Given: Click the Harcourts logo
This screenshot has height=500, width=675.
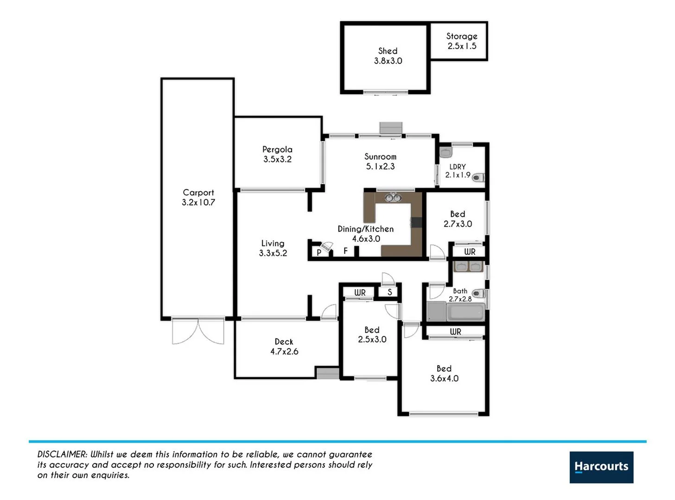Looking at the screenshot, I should pyautogui.click(x=601, y=467).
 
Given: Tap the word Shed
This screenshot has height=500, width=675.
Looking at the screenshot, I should pyautogui.click(x=388, y=51).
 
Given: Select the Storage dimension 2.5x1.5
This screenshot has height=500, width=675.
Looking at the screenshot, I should pyautogui.click(x=462, y=46).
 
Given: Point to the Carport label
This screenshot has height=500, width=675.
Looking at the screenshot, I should pyautogui.click(x=198, y=192).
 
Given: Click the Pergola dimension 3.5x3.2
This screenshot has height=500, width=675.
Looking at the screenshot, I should pyautogui.click(x=277, y=159).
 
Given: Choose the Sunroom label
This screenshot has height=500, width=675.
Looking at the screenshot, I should pyautogui.click(x=380, y=156).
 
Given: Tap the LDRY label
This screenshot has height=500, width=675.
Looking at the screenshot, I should pyautogui.click(x=458, y=167).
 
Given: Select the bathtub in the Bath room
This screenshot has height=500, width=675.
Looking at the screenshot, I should pyautogui.click(x=466, y=312).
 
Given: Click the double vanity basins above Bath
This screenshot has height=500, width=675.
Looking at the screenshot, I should pyautogui.click(x=468, y=267).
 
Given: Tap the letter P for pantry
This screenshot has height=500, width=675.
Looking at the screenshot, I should pyautogui.click(x=319, y=253).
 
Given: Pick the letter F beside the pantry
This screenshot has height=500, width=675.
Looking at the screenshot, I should pyautogui.click(x=345, y=251).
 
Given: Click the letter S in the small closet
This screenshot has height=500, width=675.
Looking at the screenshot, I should pyautogui.click(x=389, y=292).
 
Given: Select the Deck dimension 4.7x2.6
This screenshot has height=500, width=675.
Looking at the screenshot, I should pyautogui.click(x=284, y=351).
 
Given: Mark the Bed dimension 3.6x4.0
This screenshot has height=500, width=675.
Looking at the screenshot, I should pyautogui.click(x=444, y=378).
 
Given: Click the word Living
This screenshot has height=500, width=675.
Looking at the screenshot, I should pyautogui.click(x=273, y=243).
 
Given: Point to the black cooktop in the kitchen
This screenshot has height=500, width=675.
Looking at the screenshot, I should pyautogui.click(x=416, y=223).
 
